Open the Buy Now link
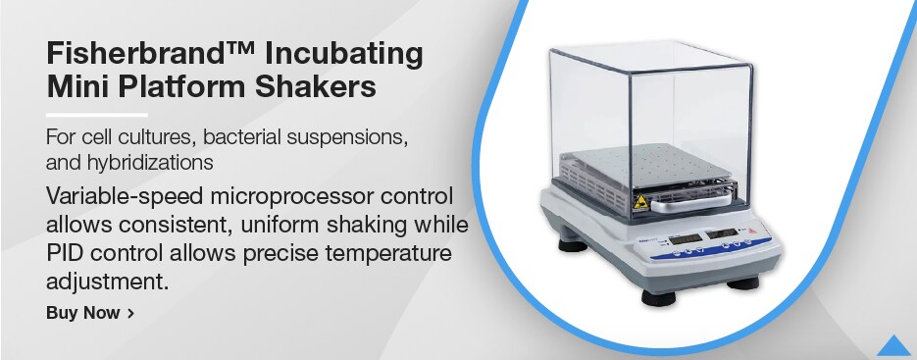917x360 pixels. (90, 314)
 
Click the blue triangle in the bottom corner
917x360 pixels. (893, 344)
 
